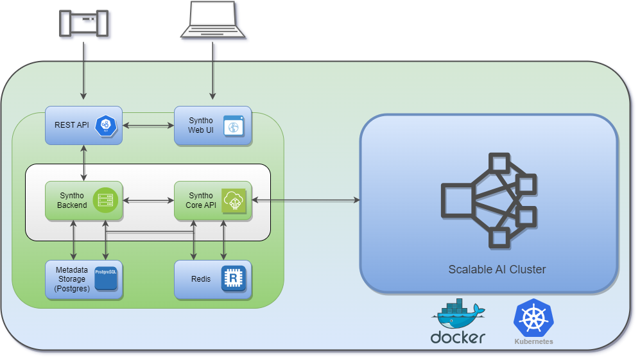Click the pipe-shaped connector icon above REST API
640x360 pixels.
point(83,23)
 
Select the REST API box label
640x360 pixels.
point(72,124)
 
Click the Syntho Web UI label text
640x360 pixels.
point(201,125)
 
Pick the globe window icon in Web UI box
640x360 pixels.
point(234,126)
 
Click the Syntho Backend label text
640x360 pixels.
point(72,200)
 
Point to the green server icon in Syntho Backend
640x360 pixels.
point(104,201)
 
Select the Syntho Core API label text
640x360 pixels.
point(201,200)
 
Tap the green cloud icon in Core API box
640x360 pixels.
point(234,201)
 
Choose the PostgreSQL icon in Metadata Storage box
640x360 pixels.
point(106,279)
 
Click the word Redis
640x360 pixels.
point(201,279)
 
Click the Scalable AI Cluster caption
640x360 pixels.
point(497,270)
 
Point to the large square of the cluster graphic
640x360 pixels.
point(457,201)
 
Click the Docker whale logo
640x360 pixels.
point(458,313)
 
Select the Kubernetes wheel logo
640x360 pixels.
point(533,319)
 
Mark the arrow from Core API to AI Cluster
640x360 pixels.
point(306,200)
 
